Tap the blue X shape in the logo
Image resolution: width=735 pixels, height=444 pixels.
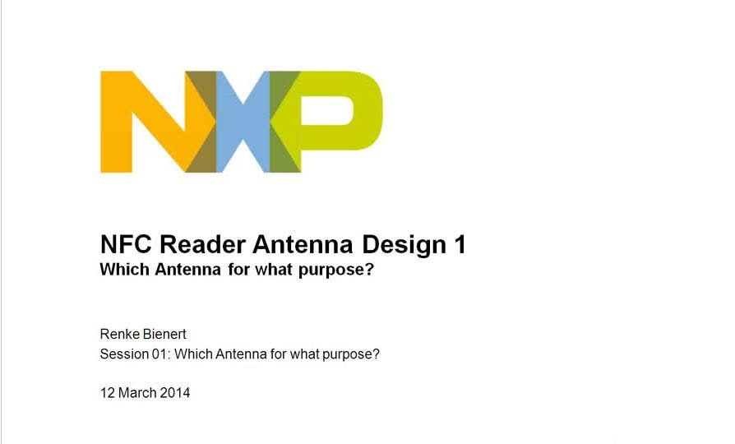pos(243,122)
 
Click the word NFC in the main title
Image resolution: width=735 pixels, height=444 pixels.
pos(127,245)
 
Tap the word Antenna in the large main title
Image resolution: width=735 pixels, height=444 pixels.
pos(303,245)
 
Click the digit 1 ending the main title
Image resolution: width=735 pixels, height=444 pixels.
pos(460,245)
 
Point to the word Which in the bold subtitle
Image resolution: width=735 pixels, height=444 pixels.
pos(125,270)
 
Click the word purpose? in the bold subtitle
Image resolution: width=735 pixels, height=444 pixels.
pos(336,271)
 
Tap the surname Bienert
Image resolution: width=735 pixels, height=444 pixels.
pos(164,335)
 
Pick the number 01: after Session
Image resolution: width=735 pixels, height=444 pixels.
pos(161,354)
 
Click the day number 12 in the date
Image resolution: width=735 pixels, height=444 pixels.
pos(108,393)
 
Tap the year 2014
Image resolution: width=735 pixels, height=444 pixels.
pos(175,393)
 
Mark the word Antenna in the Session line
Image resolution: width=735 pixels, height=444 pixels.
pos(242,354)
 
